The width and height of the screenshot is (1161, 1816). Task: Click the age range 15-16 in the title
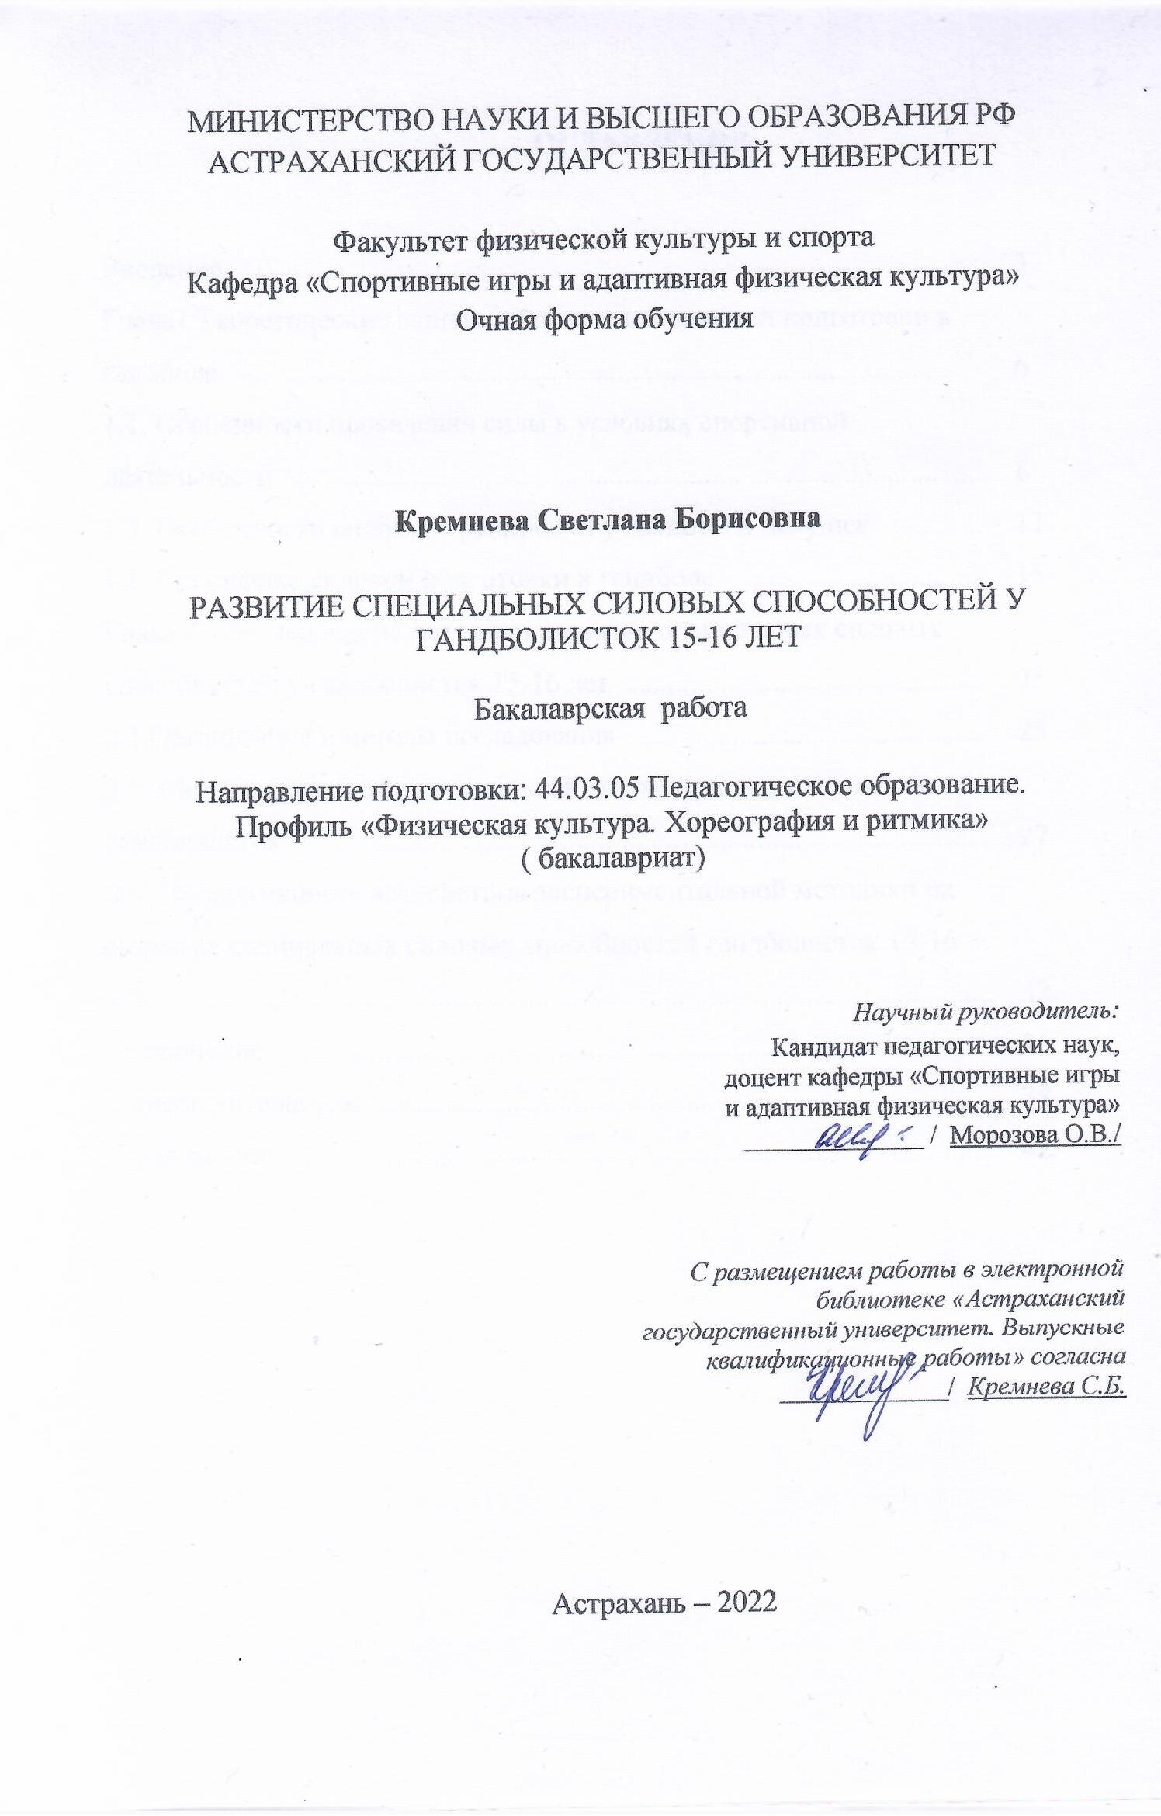coord(688,637)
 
